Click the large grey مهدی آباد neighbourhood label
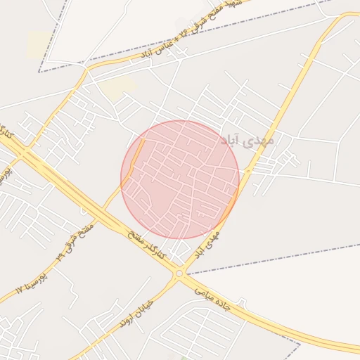(x=247, y=141)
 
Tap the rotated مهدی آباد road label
(x=207, y=241)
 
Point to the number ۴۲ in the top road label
(x=184, y=32)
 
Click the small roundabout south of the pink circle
(x=180, y=273)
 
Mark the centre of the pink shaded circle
(x=180, y=179)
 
